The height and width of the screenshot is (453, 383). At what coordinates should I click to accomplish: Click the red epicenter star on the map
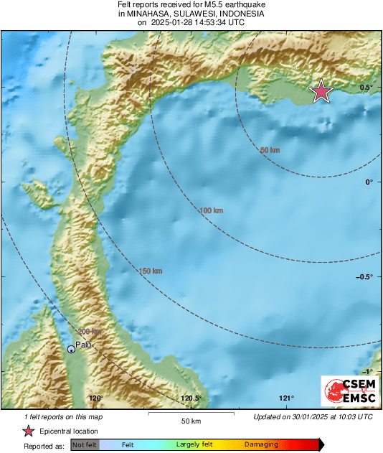pos(321,92)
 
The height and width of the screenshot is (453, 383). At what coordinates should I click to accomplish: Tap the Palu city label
pos(84,344)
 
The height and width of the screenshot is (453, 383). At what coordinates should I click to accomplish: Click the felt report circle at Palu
pos(71,349)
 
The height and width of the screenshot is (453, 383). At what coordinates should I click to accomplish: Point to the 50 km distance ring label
pos(270,150)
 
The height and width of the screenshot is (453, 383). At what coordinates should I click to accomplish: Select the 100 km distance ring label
pos(212,210)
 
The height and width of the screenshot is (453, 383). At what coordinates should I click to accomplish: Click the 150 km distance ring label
pos(150,271)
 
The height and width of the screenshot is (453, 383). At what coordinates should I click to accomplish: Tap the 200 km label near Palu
pos(90,331)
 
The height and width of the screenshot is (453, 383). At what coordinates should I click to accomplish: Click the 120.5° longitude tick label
pos(191,398)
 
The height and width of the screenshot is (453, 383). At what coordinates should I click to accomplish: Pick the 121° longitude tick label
pos(287,398)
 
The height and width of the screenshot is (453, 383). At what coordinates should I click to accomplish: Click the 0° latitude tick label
pos(369,182)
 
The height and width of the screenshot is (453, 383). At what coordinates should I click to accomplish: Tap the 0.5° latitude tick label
pos(367,88)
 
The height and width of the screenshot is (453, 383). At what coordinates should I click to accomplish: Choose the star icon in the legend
pos(28,431)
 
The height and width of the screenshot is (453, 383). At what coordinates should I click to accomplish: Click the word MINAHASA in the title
pos(152,14)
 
